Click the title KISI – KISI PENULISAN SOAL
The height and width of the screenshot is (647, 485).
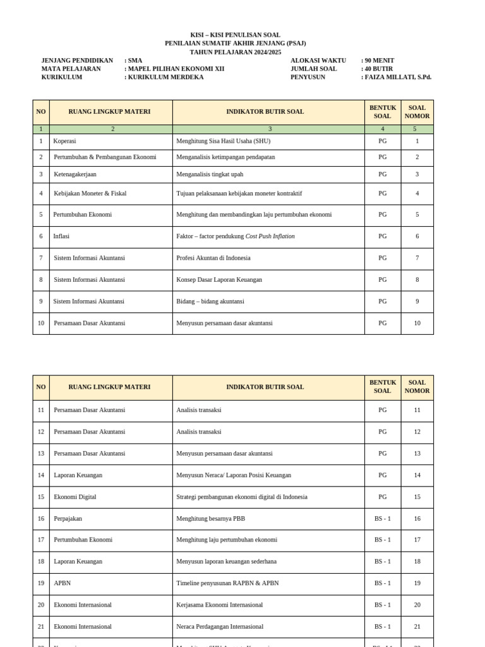point(235,35)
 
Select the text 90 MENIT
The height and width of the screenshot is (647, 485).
point(380,61)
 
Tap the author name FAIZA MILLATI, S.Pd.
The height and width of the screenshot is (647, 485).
point(398,77)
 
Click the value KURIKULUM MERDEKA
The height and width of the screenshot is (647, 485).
point(165,77)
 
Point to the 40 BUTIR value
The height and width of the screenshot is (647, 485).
point(379,69)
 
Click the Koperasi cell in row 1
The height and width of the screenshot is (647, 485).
point(66,142)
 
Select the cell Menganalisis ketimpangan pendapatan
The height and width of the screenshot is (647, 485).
point(225,157)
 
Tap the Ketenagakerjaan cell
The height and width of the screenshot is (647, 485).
point(75,174)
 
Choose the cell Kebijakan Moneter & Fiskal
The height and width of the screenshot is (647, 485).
point(90,193)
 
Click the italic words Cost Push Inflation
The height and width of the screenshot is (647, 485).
point(270,236)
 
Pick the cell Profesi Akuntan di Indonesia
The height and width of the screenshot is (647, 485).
point(213,258)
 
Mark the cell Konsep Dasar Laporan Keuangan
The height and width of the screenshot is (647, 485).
point(219,279)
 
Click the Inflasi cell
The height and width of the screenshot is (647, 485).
point(61,236)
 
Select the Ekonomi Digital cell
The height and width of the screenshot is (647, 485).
point(75,497)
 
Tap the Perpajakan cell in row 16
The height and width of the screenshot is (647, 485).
point(68,519)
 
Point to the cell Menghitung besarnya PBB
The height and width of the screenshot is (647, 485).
point(211,519)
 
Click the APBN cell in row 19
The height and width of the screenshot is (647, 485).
point(63,583)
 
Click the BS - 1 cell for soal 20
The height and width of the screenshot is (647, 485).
point(383,605)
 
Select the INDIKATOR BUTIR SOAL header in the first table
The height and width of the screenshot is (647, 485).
point(265,112)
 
